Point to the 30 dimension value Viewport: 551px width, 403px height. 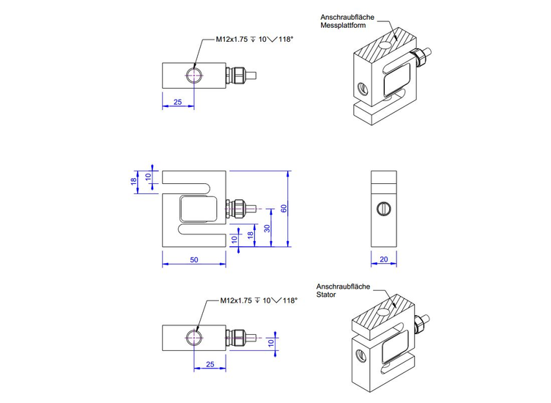coord(267,227)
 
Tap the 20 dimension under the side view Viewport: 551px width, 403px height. coord(384,259)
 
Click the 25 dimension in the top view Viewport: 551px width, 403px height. coord(177,103)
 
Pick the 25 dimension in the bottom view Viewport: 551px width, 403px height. coord(209,364)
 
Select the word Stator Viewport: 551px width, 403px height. coord(328,295)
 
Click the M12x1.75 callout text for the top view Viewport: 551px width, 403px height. coord(232,40)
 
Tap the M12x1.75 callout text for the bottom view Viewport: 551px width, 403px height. coord(237,300)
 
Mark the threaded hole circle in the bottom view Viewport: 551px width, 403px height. coord(194,337)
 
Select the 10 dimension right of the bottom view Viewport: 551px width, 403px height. coord(270,342)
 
